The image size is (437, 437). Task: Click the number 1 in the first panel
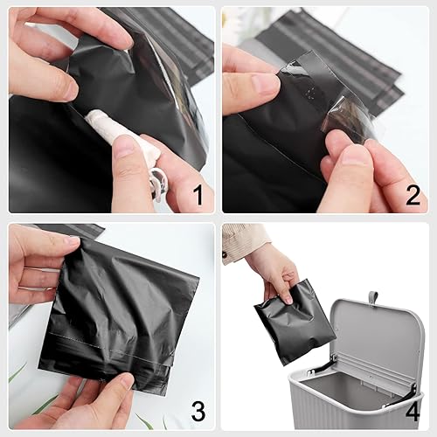(x=197, y=194)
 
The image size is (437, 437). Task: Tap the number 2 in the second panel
(x=412, y=194)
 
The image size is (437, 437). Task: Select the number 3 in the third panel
(x=197, y=411)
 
